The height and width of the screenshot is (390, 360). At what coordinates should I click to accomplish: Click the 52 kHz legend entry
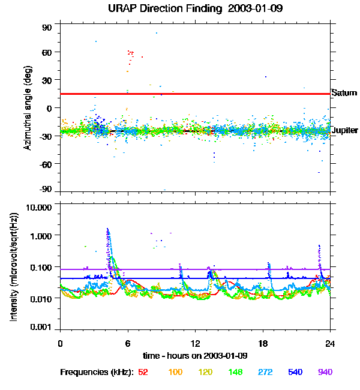(143, 372)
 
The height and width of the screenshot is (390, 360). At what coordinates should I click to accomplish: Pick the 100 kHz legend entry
(175, 372)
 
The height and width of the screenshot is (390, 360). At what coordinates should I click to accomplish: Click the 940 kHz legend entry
(325, 372)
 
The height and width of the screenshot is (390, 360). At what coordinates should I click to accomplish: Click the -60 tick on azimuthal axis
(46, 163)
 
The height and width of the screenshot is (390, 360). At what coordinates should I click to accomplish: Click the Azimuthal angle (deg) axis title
(28, 108)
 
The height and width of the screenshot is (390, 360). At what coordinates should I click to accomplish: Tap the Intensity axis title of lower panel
(13, 266)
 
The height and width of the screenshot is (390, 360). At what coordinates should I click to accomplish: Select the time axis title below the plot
(195, 356)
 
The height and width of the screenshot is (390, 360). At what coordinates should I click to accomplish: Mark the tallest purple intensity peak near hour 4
(107, 229)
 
